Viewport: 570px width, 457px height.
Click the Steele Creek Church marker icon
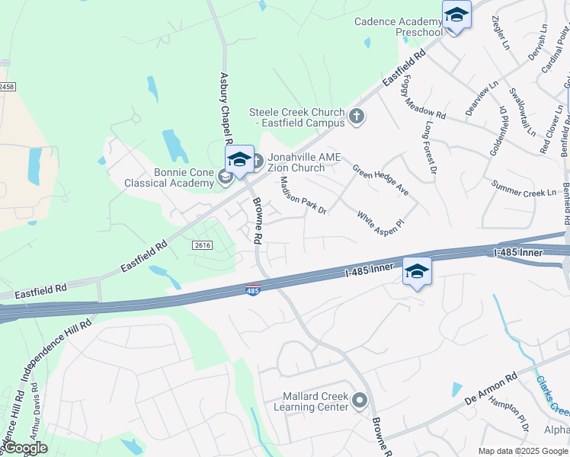[x=357, y=117]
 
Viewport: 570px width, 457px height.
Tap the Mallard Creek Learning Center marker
[x=360, y=399]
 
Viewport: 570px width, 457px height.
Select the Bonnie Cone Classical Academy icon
[x=225, y=177]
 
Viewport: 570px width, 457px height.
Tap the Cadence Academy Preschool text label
[x=398, y=27]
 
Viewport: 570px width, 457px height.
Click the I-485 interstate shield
[x=253, y=290]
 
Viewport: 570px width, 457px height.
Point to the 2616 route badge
[x=202, y=244]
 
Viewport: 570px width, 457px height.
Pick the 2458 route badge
[x=6, y=87]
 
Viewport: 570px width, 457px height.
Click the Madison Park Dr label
[x=303, y=195]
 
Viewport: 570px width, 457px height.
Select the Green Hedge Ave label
[x=380, y=179]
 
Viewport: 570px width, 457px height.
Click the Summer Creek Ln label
[x=524, y=189]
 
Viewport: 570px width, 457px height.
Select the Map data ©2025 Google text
[x=523, y=451]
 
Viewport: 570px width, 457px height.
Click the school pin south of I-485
[x=417, y=273]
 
